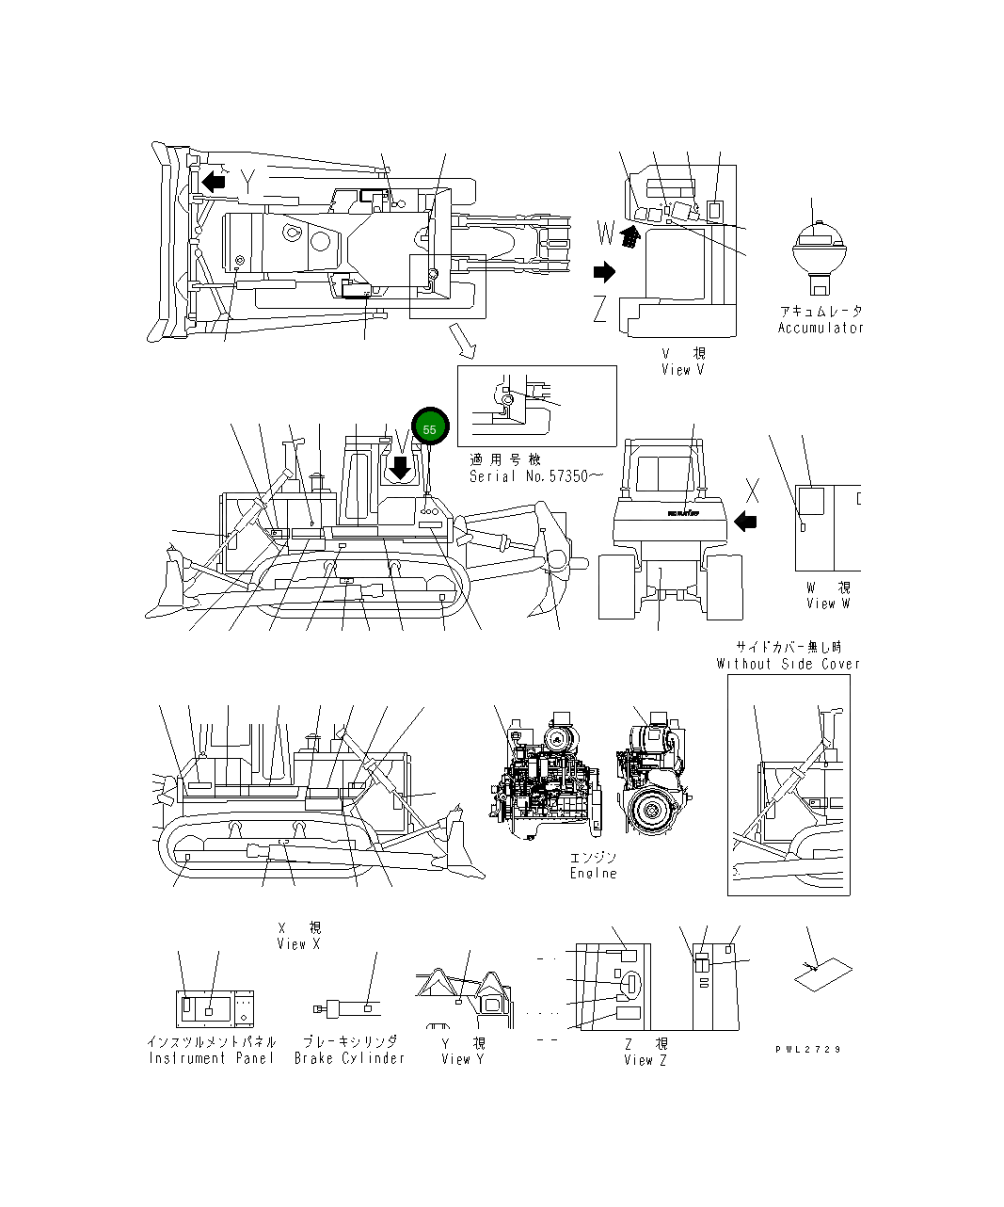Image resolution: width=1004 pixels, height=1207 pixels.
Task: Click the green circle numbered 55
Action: (430, 428)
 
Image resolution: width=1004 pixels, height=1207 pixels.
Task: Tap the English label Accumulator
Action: (820, 328)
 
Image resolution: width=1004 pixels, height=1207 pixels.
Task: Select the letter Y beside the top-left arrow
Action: (247, 181)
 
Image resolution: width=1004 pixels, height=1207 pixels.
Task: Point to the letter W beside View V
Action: (606, 231)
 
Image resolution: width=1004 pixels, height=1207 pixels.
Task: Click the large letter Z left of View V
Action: (600, 308)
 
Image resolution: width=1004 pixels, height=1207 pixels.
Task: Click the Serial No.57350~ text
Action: (529, 476)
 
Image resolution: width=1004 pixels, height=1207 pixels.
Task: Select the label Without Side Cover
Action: (788, 664)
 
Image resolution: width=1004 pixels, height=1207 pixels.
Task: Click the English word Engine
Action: (593, 873)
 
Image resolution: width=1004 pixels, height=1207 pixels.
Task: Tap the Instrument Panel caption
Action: (212, 1058)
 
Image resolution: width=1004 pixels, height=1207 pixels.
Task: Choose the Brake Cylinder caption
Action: (349, 1058)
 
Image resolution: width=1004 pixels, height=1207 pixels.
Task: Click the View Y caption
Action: (463, 1059)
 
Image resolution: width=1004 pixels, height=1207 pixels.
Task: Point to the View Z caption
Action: (645, 1060)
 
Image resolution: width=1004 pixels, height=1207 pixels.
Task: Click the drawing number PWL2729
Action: (808, 1049)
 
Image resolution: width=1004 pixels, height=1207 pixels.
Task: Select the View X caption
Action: (298, 943)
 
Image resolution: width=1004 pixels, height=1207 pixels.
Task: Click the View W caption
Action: (827, 603)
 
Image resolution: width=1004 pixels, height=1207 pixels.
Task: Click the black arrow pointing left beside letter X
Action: (745, 521)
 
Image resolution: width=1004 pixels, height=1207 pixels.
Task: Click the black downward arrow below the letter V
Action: (402, 467)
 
